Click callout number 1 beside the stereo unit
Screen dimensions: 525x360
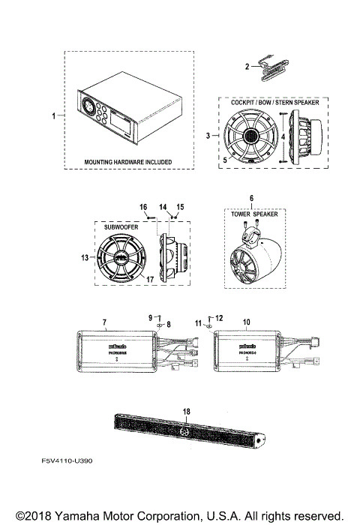(x=54, y=116)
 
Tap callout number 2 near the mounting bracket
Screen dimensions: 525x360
(x=247, y=67)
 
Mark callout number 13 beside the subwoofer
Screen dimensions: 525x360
(x=85, y=256)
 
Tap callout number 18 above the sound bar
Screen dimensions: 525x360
(x=187, y=411)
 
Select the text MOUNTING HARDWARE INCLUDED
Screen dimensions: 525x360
(x=127, y=162)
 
